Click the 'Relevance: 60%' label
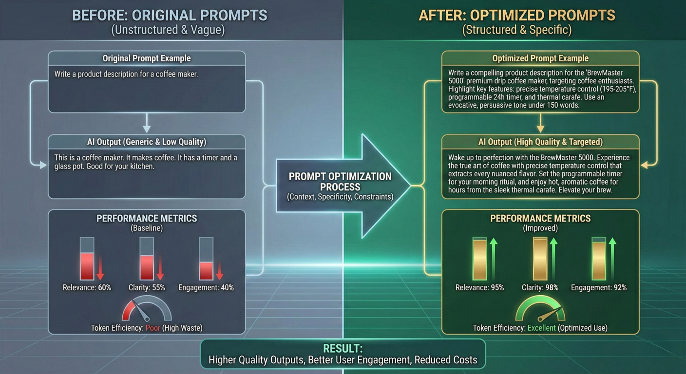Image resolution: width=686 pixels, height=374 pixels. pyautogui.click(x=87, y=288)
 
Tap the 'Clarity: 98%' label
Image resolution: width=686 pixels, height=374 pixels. pyautogui.click(x=540, y=288)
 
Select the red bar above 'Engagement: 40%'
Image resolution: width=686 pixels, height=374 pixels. pyautogui.click(x=206, y=271)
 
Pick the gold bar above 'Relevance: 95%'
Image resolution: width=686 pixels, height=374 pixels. pyautogui.click(x=479, y=260)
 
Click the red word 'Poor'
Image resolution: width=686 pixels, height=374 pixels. pyautogui.click(x=153, y=328)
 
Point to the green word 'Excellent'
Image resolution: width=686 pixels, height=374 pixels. pyautogui.click(x=541, y=328)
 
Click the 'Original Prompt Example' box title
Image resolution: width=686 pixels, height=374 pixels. pyautogui.click(x=146, y=58)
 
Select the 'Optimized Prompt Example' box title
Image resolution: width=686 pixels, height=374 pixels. pyautogui.click(x=540, y=58)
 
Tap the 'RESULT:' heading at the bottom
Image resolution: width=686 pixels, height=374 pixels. pyautogui.click(x=343, y=349)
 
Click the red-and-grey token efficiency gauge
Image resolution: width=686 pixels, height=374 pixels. pyautogui.click(x=147, y=309)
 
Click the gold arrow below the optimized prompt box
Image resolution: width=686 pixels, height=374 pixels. pyautogui.click(x=540, y=123)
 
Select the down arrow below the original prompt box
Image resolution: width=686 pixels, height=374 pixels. pyautogui.click(x=147, y=123)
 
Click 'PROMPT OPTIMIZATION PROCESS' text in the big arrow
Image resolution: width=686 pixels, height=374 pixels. pyautogui.click(x=340, y=182)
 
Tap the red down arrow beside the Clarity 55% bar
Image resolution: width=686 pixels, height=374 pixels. pyautogui.click(x=160, y=267)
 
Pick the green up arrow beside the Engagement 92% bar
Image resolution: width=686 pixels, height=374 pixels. pyautogui.click(x=612, y=259)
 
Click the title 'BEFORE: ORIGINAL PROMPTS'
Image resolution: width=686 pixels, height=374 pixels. pyautogui.click(x=170, y=15)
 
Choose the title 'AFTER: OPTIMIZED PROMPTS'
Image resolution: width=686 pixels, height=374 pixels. pyautogui.click(x=516, y=15)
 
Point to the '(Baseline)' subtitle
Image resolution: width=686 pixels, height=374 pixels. pyautogui.click(x=147, y=228)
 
